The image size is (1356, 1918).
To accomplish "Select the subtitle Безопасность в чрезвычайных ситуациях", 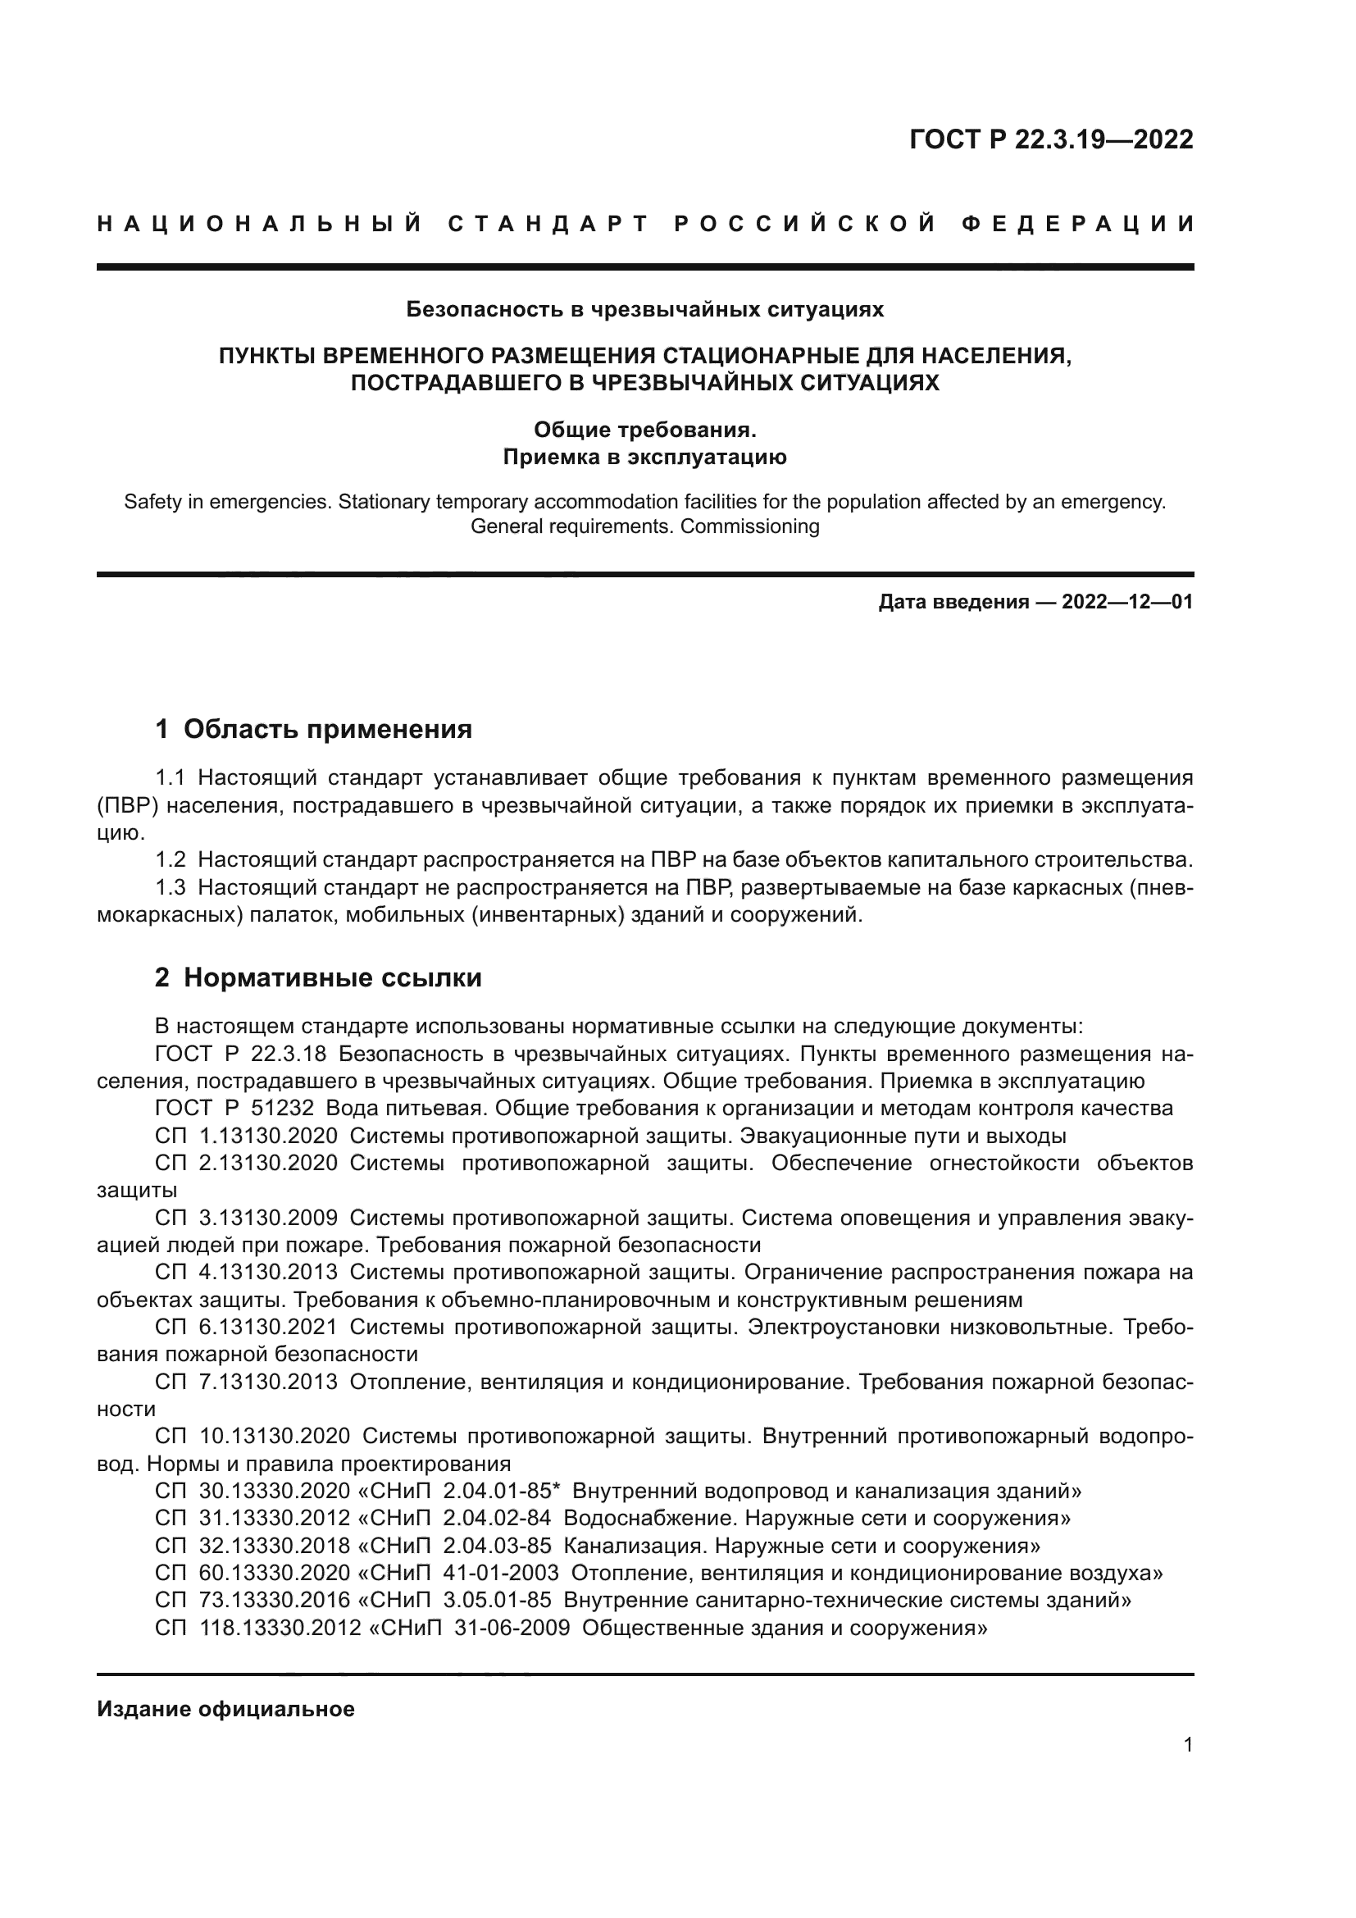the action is pos(644,310).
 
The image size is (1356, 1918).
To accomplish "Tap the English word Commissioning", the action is pos(750,526).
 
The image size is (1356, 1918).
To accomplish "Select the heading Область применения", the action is pos(327,729).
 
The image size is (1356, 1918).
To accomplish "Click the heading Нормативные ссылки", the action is pos(332,977).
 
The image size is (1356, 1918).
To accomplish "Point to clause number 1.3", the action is pos(171,887).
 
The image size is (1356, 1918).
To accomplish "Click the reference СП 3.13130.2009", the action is pos(246,1218).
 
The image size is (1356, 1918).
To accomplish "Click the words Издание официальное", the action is pos(225,1709).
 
